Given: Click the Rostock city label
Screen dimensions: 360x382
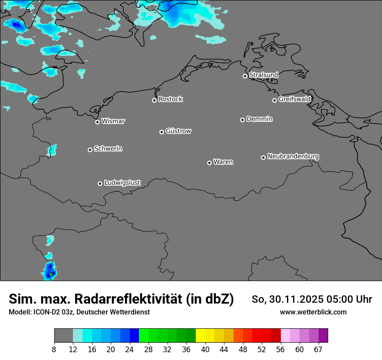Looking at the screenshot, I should click(170, 99).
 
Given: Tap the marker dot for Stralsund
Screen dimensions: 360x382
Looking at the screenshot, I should click(245, 76).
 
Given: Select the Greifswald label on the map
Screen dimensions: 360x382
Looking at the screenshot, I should click(294, 99).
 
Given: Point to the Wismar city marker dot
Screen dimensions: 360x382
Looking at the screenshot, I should click(97, 122).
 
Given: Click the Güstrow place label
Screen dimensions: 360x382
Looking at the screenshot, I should click(178, 131).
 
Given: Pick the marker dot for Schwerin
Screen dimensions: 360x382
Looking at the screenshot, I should click(90, 150).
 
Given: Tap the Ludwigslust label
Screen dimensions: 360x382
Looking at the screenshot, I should click(122, 183).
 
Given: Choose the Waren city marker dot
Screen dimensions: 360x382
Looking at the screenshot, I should click(209, 163).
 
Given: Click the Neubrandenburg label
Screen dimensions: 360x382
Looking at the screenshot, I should click(293, 157).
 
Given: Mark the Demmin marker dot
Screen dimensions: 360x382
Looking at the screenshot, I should click(242, 120).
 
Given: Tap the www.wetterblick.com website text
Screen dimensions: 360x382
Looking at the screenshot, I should click(313, 312).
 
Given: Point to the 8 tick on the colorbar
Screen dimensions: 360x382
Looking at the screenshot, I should click(54, 349).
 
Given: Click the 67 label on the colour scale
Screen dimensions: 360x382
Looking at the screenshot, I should click(318, 349).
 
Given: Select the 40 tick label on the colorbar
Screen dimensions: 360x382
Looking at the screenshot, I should click(205, 349).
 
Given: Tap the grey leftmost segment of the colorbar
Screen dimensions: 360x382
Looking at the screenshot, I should click(63, 336).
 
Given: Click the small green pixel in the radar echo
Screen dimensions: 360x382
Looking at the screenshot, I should click(51, 274).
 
